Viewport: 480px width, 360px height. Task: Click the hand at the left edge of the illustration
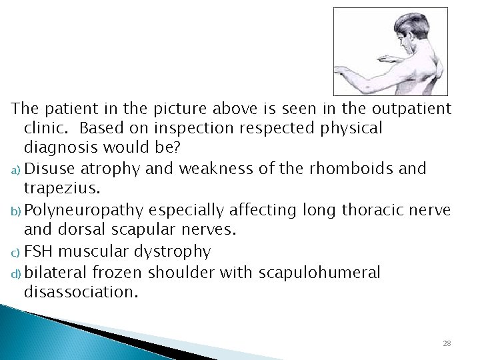point(338,71)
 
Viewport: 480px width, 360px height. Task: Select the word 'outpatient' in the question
point(413,109)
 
